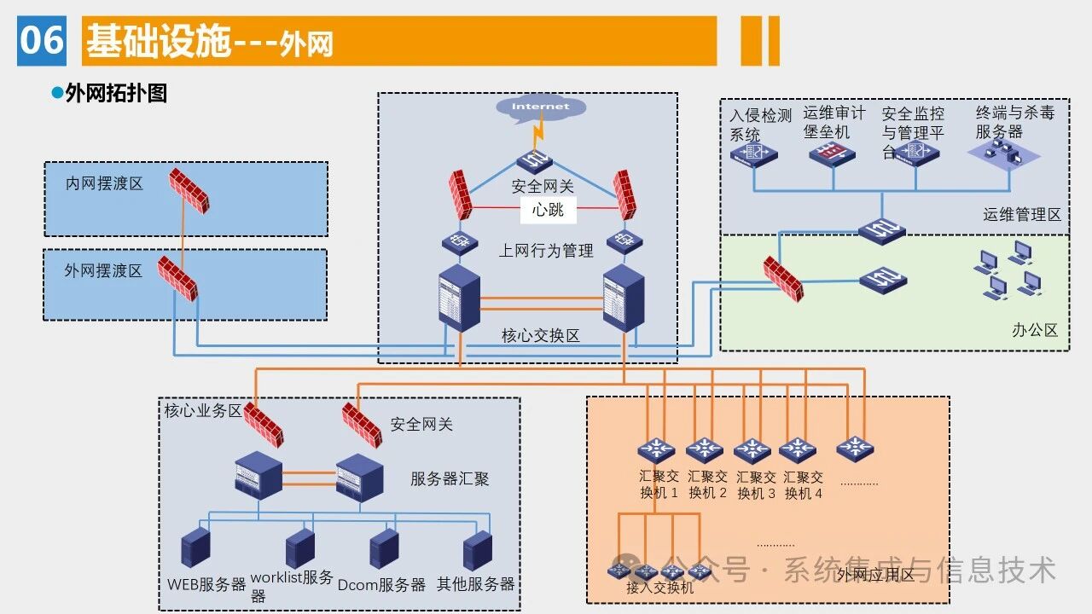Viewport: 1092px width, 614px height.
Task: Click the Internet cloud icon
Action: (540, 108)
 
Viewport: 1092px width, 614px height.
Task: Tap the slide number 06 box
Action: (42, 40)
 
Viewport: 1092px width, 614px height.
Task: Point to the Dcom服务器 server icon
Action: (385, 549)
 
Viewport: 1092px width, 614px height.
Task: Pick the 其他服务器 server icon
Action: (478, 549)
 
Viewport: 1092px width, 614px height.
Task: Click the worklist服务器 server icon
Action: (300, 549)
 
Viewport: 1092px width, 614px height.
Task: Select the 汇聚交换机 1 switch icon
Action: (656, 449)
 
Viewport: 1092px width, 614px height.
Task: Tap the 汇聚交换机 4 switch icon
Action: (799, 449)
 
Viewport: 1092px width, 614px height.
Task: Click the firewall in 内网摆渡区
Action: (189, 190)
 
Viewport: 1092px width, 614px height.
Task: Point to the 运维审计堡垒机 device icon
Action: (831, 154)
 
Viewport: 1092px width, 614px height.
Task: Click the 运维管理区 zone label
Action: (1021, 215)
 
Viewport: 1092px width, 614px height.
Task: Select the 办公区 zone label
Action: (1035, 330)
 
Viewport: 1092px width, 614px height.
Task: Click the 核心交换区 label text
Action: (540, 336)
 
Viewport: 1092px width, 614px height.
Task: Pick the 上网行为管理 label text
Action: (546, 251)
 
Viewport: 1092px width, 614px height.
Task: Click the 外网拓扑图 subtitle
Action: (116, 93)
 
